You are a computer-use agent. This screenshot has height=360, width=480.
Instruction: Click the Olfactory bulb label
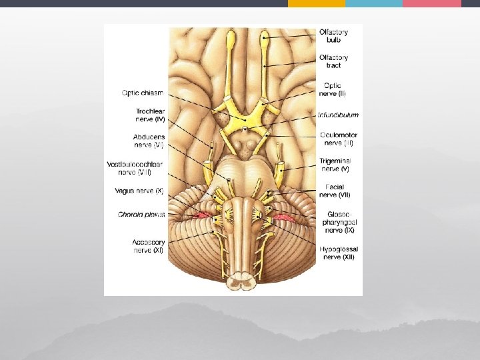click(x=333, y=35)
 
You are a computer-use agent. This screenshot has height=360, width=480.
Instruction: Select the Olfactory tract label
click(x=333, y=61)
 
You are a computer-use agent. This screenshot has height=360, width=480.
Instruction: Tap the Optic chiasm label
click(x=143, y=93)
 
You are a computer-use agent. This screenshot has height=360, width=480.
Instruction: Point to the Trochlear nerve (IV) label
click(x=150, y=115)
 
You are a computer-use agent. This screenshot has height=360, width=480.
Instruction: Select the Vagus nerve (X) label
click(x=139, y=191)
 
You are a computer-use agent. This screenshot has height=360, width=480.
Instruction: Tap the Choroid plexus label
click(x=141, y=214)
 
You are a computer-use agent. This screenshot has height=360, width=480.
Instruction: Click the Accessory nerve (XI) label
click(x=148, y=245)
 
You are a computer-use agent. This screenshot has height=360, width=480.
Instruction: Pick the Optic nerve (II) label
click(x=333, y=89)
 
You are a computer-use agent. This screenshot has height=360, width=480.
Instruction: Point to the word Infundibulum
click(x=338, y=115)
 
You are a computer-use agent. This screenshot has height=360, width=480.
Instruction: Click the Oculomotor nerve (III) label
click(x=338, y=138)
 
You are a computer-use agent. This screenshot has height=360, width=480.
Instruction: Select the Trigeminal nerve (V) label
click(x=335, y=165)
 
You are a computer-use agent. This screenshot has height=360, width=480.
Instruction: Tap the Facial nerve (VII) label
click(x=335, y=191)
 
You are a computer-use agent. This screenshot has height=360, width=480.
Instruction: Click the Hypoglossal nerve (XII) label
click(x=339, y=253)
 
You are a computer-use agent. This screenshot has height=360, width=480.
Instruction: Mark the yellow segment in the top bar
click(x=317, y=3)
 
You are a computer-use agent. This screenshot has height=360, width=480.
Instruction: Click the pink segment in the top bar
click(x=432, y=3)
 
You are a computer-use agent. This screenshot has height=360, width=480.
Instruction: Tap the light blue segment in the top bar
click(x=374, y=3)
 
